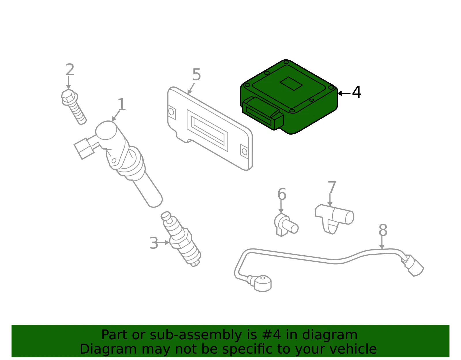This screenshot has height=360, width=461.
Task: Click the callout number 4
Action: (356, 92)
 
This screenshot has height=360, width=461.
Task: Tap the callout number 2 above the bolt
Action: (70, 69)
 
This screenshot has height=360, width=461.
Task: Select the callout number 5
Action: (197, 74)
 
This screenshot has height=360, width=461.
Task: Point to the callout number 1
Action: (122, 104)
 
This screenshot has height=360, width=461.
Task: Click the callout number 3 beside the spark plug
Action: (154, 243)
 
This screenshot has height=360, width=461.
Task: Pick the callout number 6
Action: (282, 194)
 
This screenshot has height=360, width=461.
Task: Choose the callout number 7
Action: (332, 187)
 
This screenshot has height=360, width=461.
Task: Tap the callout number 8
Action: (383, 230)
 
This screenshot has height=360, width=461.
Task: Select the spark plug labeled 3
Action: (181, 239)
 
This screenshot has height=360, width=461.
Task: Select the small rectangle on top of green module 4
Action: (291, 84)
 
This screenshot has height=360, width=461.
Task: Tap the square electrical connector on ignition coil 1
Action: (84, 148)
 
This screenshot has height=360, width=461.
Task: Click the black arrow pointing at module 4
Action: (344, 93)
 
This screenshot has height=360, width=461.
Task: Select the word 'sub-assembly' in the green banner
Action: (196, 335)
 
